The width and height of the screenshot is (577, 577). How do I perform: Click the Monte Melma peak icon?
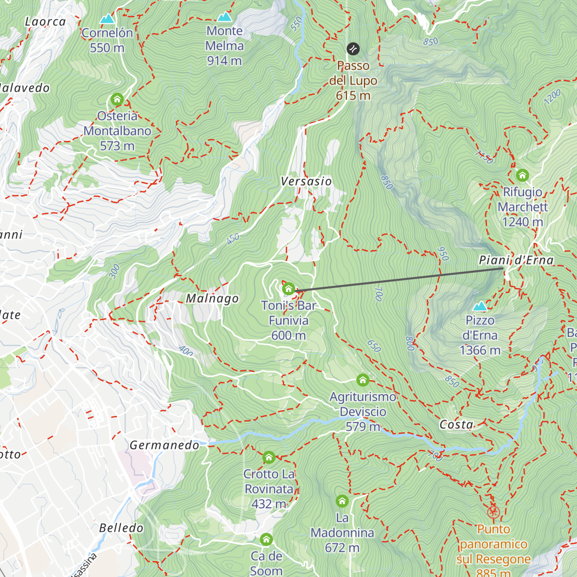click(224, 17)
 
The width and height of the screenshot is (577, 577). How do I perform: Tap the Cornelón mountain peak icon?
click(107, 19)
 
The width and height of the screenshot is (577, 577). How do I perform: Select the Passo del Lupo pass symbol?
click(353, 49)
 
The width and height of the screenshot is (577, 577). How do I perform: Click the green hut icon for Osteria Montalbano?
click(117, 100)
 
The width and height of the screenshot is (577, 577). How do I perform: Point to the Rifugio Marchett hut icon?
click(522, 175)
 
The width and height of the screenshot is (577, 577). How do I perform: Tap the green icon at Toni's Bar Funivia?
click(288, 288)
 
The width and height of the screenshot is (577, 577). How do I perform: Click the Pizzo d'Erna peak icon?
click(480, 306)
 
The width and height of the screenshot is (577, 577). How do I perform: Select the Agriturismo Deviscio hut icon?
click(363, 380)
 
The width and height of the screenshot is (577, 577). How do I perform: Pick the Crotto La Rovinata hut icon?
click(269, 457)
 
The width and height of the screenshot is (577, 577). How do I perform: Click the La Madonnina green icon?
click(342, 501)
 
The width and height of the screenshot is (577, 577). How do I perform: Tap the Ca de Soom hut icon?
click(266, 539)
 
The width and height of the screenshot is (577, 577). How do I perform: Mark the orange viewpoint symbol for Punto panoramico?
click(493, 512)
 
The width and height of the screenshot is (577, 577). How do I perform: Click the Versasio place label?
click(306, 181)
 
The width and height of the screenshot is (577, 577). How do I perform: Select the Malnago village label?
click(212, 299)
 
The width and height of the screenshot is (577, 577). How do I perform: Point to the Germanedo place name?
click(164, 445)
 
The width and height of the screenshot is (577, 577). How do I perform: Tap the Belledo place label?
click(121, 528)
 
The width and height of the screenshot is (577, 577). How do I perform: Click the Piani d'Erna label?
click(516, 260)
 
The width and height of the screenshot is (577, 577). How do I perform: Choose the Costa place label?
click(456, 425)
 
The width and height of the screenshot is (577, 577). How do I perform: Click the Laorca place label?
click(45, 22)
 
